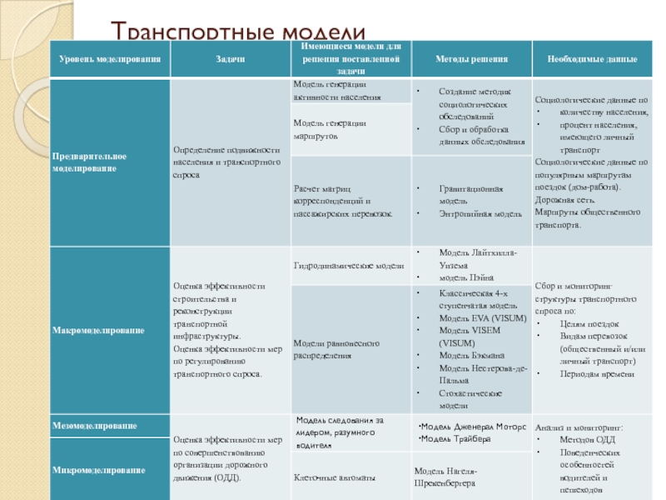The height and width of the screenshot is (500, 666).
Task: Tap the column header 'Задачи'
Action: (229, 60)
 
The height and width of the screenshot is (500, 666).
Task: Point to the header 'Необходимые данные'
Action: (593, 60)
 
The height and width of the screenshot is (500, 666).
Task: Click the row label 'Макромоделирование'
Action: (98, 331)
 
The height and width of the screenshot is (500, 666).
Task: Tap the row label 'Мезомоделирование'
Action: (95, 426)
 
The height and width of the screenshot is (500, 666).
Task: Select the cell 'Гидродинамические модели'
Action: (348, 266)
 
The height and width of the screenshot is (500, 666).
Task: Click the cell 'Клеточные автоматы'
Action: (334, 477)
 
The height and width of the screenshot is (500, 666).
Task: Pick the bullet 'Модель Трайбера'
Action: (455, 438)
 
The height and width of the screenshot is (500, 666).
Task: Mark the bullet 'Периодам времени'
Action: (584, 373)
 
